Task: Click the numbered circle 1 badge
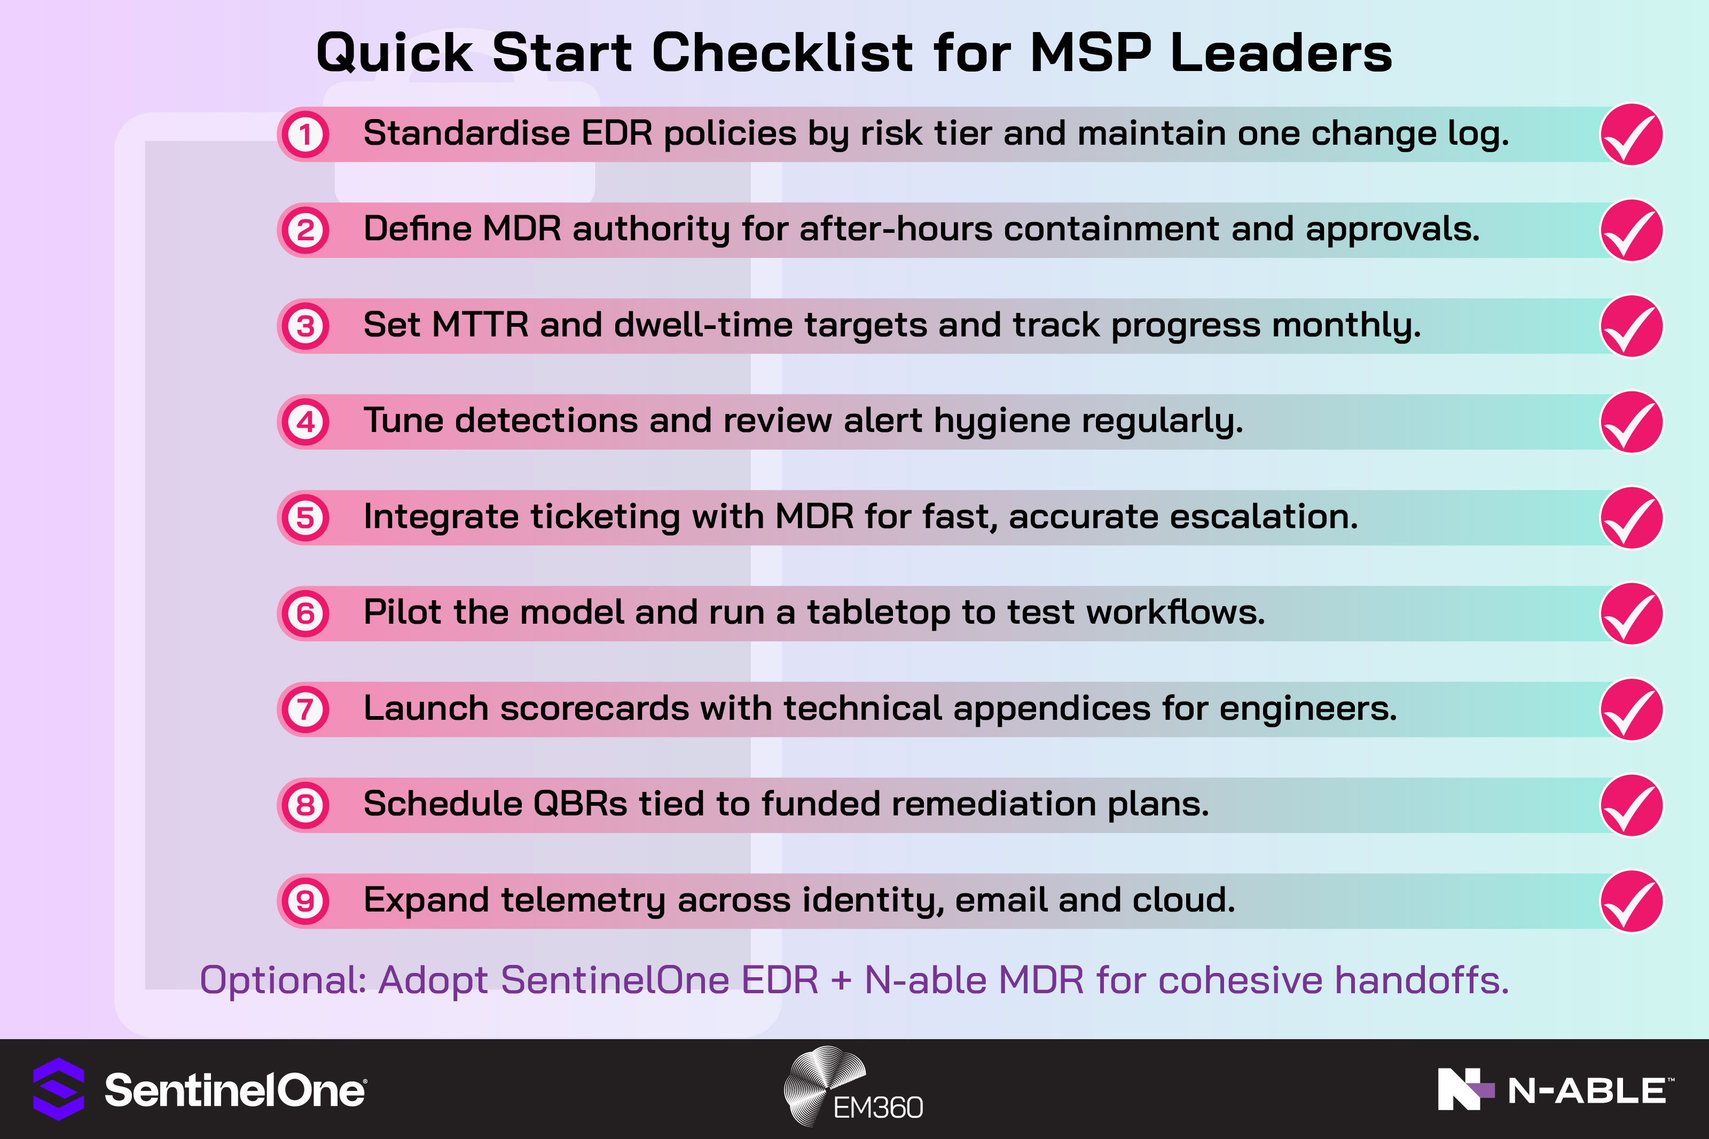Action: tap(305, 135)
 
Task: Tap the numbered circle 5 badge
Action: tap(305, 518)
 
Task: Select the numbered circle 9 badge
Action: tap(305, 901)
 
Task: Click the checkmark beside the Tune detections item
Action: tap(1631, 422)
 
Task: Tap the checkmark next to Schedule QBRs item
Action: tap(1631, 805)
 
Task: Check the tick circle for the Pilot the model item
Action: tap(1631, 614)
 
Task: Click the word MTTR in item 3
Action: tap(480, 325)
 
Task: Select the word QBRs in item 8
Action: tap(579, 804)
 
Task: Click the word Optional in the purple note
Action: tap(283, 980)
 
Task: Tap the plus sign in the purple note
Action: tap(841, 980)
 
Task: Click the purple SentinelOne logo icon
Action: tap(59, 1089)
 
